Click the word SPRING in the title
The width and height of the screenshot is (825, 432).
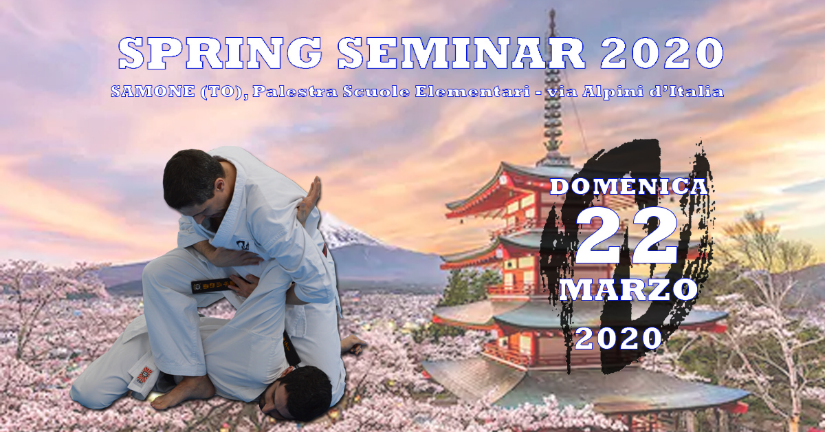tap(221, 53)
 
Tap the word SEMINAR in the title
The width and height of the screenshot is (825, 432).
tap(461, 53)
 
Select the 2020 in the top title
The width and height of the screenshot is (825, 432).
tap(662, 53)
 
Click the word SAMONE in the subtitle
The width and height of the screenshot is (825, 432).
tap(153, 91)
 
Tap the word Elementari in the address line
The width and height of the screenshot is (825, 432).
tap(472, 91)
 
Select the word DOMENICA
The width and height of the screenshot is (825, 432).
tap(629, 187)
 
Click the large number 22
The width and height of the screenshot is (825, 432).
tap(627, 235)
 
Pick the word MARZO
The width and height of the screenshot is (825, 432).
tap(628, 290)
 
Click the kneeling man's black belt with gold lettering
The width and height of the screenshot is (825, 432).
tap(214, 285)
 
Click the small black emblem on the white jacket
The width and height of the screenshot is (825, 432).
tap(243, 245)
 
